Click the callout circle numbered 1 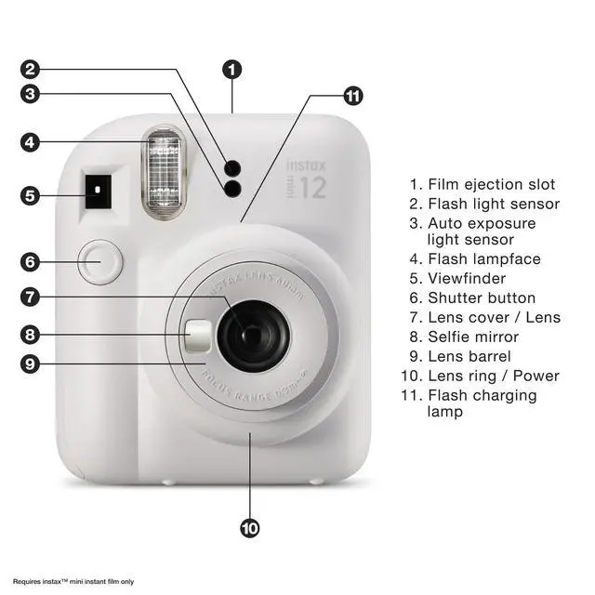point(232,69)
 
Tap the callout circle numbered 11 point(353,95)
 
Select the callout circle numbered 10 point(250,528)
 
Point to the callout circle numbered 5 point(31,195)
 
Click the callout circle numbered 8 point(31,335)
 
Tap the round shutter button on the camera point(99,262)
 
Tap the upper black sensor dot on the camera point(232,167)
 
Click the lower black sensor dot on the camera point(232,189)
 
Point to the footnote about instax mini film point(73,582)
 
